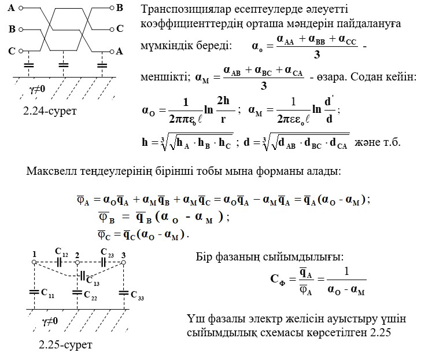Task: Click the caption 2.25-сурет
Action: (65, 346)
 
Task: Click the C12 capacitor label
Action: (61, 252)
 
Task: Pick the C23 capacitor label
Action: (107, 252)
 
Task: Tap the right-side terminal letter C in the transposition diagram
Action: (120, 28)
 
